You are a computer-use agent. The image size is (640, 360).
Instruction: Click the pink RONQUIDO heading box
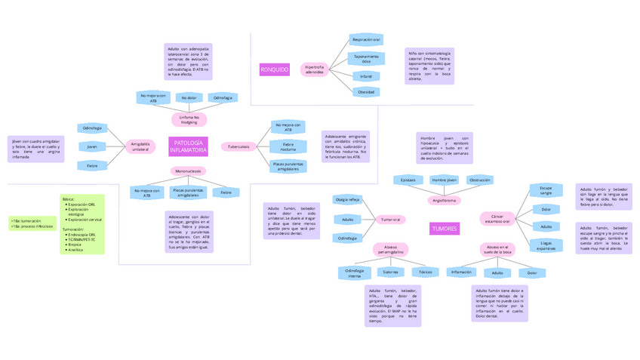point(274,69)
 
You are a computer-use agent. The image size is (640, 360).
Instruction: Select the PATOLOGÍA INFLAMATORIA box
point(188,146)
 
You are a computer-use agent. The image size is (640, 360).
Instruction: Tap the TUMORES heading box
point(444,228)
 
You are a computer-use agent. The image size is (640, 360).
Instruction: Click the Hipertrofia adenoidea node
point(314,69)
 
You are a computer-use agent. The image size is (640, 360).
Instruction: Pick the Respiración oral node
point(366,39)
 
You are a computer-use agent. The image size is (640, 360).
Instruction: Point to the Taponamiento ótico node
point(366,58)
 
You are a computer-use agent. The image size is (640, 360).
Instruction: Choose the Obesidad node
point(366,92)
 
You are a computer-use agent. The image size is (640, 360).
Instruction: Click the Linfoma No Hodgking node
point(189,119)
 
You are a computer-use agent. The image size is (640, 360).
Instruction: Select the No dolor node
point(189,97)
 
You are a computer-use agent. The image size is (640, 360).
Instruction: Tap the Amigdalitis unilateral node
point(140,146)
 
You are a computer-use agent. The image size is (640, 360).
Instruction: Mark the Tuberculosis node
point(238,146)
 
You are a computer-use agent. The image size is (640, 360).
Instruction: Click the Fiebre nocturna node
point(288,146)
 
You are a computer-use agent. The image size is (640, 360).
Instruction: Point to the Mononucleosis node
point(188,171)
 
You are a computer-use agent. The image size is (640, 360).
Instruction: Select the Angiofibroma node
point(445,201)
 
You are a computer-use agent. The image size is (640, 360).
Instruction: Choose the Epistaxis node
point(408,180)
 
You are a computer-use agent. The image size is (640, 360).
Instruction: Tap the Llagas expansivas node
point(546,245)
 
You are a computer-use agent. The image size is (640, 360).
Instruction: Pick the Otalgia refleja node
point(348,200)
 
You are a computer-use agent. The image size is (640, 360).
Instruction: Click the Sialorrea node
point(390,272)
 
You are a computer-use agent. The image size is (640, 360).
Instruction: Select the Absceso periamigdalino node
point(389,249)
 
